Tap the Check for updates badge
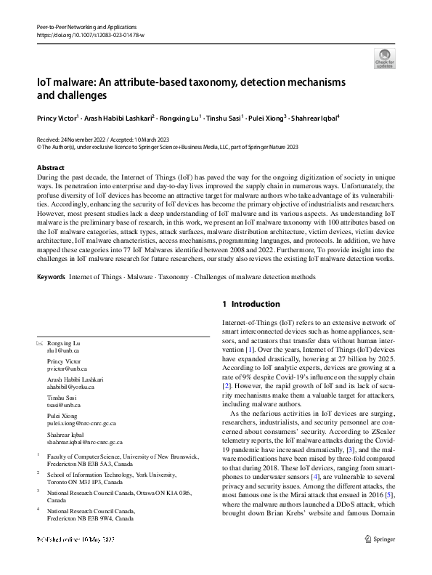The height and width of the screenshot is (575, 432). coord(384,58)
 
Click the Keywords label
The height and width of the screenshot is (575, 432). coord(50,277)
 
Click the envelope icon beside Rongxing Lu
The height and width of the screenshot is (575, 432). coord(39,342)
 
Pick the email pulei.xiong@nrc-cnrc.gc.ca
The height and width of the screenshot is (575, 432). coord(82,422)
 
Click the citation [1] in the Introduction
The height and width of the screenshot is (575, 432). coord(249,350)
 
